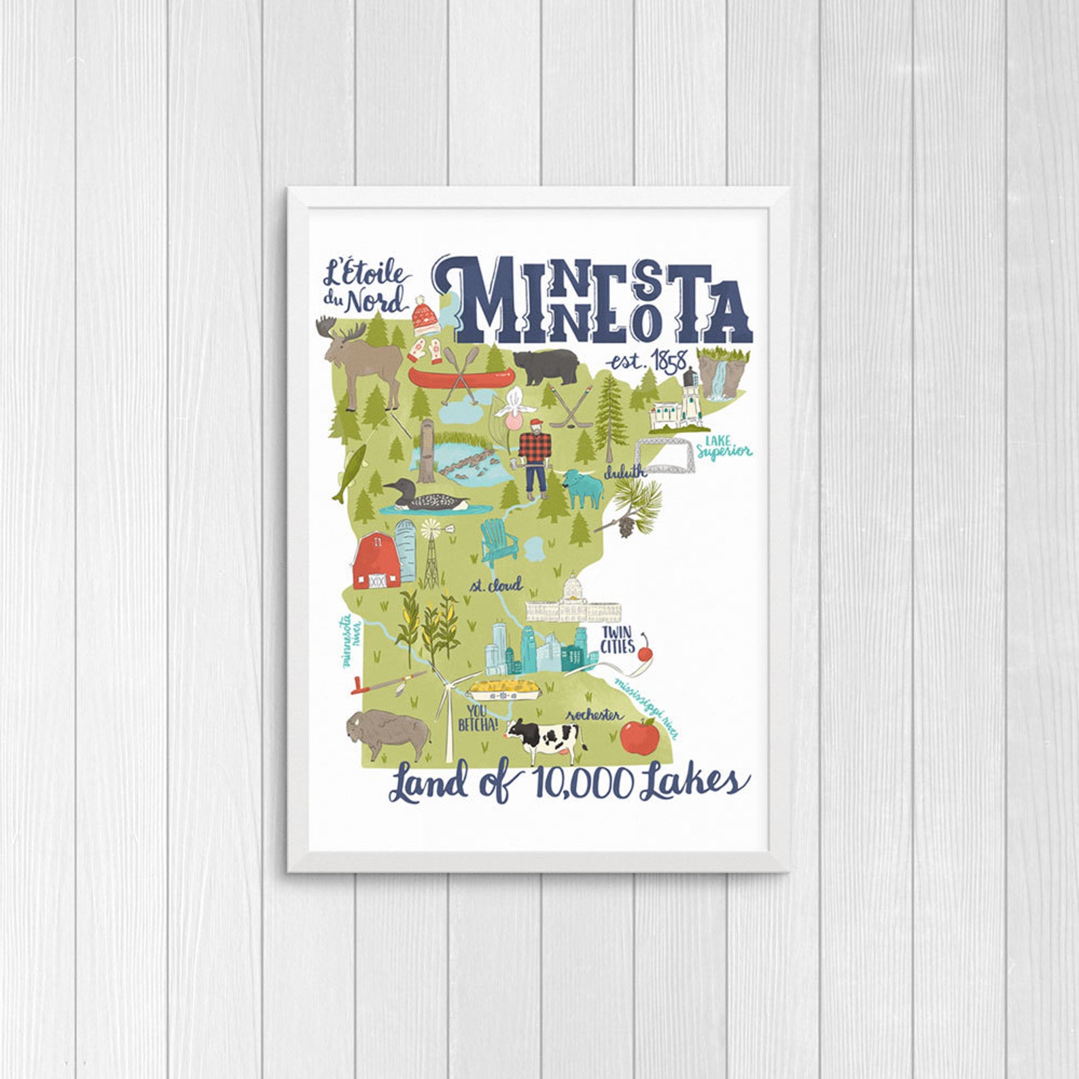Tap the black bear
546,366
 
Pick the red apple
639,736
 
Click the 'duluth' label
625,472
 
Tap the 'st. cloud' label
496,584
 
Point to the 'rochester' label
594,715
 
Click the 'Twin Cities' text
617,639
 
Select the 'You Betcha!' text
477,719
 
